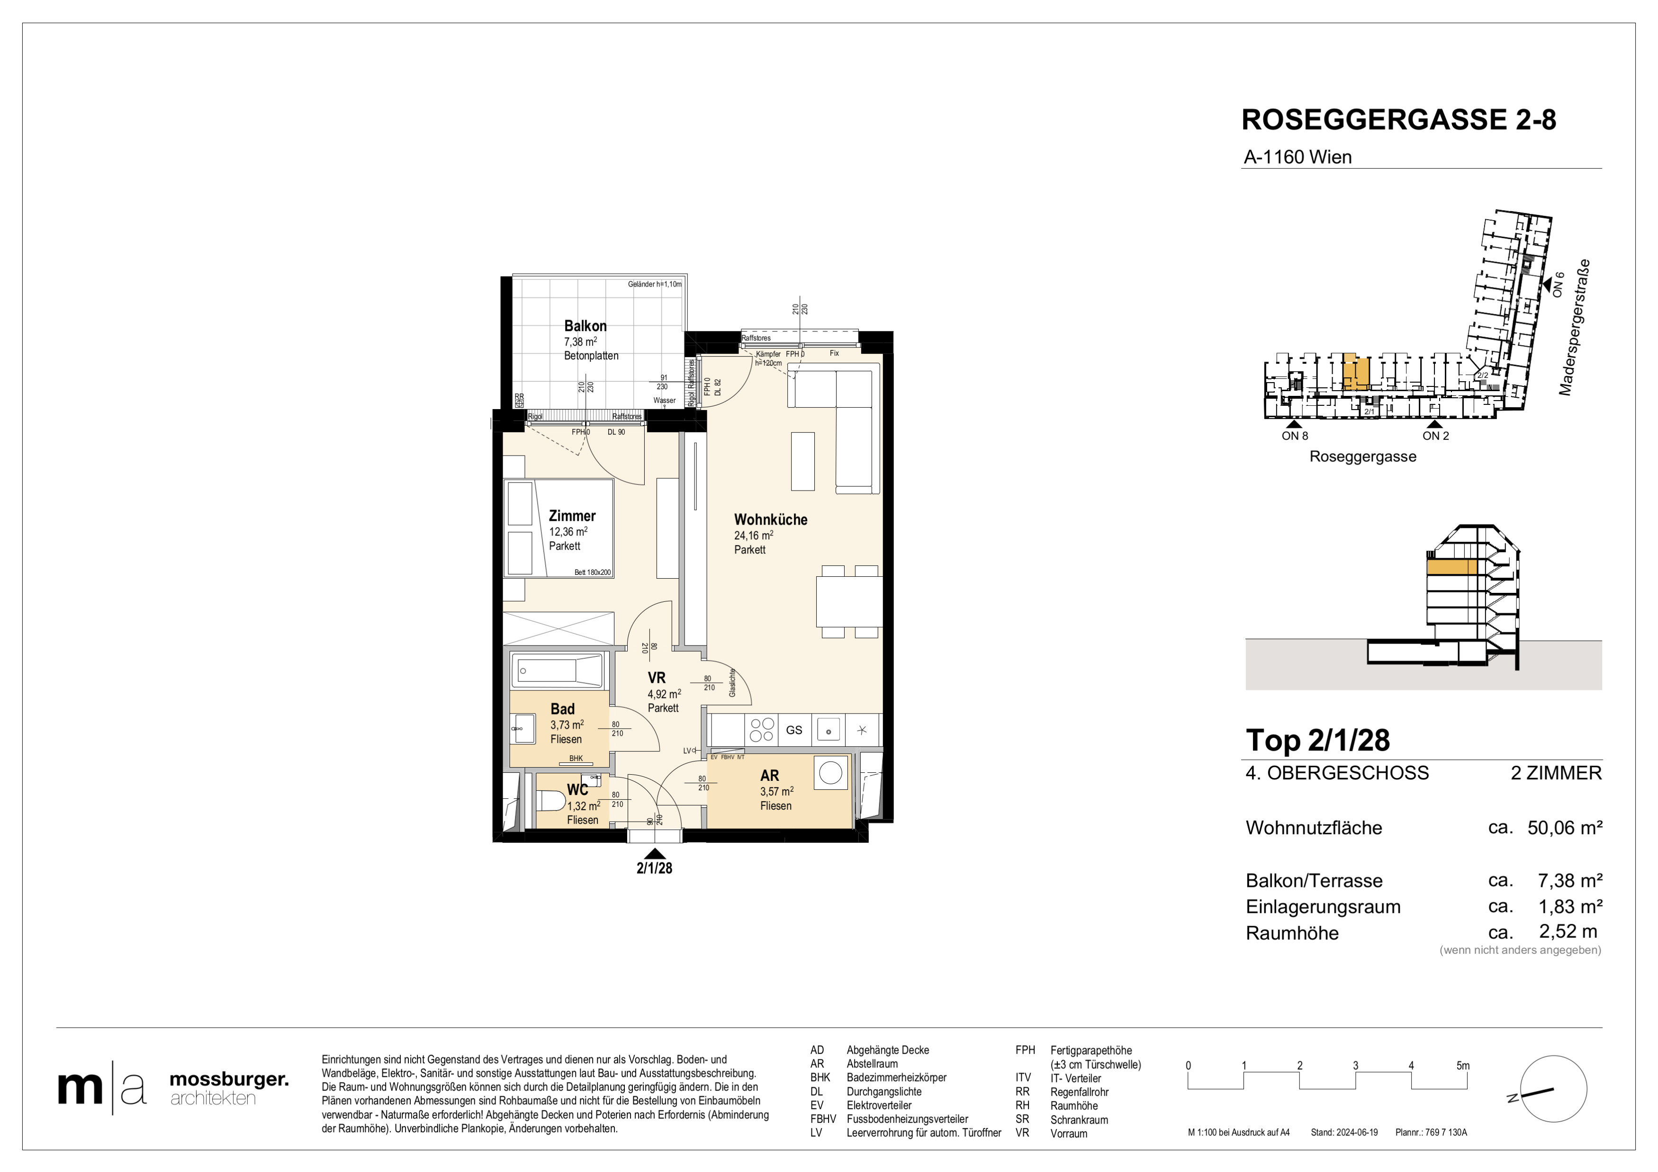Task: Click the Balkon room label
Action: tap(585, 326)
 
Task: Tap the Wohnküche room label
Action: tap(771, 519)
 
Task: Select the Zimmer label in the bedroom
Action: tap(572, 516)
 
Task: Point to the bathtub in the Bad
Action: tap(557, 671)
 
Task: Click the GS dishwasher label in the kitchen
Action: tap(794, 730)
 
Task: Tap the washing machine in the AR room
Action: tap(830, 773)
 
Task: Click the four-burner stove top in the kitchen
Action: tap(762, 730)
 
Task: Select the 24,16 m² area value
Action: tap(754, 536)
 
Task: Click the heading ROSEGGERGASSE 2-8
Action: tap(1399, 120)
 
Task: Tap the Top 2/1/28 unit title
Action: tap(1318, 741)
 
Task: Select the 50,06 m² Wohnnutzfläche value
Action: tap(1565, 828)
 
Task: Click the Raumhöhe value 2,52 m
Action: tap(1568, 932)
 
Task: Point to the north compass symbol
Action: tap(1553, 1089)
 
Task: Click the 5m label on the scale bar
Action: tap(1463, 1066)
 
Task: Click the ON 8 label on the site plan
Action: tap(1295, 436)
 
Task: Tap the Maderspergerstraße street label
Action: tap(1574, 328)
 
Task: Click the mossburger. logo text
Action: tap(229, 1080)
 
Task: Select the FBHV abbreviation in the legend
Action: tap(823, 1119)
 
